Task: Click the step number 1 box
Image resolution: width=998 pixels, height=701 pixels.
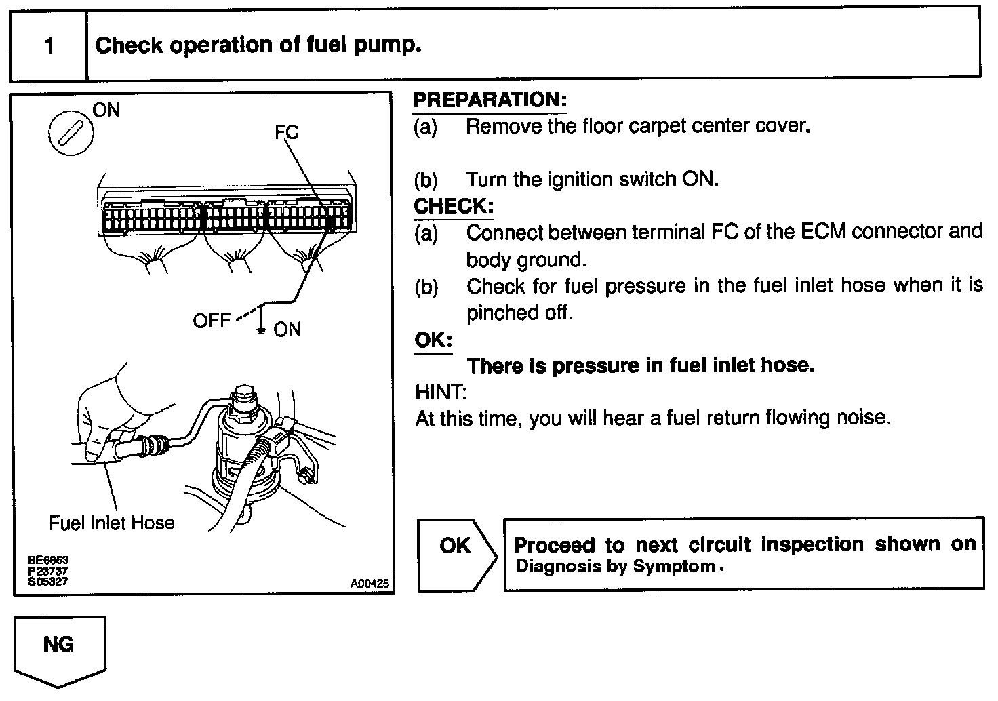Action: (x=48, y=46)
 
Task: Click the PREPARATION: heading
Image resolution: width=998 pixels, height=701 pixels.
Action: (x=490, y=100)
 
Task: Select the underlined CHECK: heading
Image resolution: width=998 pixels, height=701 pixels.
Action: (x=453, y=206)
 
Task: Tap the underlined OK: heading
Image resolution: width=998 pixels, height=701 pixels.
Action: (x=433, y=340)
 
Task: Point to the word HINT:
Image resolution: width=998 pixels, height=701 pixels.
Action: (x=441, y=392)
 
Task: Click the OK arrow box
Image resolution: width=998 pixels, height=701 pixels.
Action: (x=456, y=555)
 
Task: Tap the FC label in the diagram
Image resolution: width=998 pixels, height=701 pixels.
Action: (x=286, y=132)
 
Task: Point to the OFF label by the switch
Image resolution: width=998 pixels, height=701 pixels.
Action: (x=212, y=320)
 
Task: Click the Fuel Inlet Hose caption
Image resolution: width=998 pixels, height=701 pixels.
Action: (x=112, y=523)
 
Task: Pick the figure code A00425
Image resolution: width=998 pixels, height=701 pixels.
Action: (x=370, y=583)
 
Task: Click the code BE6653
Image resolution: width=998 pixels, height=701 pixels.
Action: (x=48, y=561)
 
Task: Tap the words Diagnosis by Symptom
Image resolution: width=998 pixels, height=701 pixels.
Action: (x=616, y=566)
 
